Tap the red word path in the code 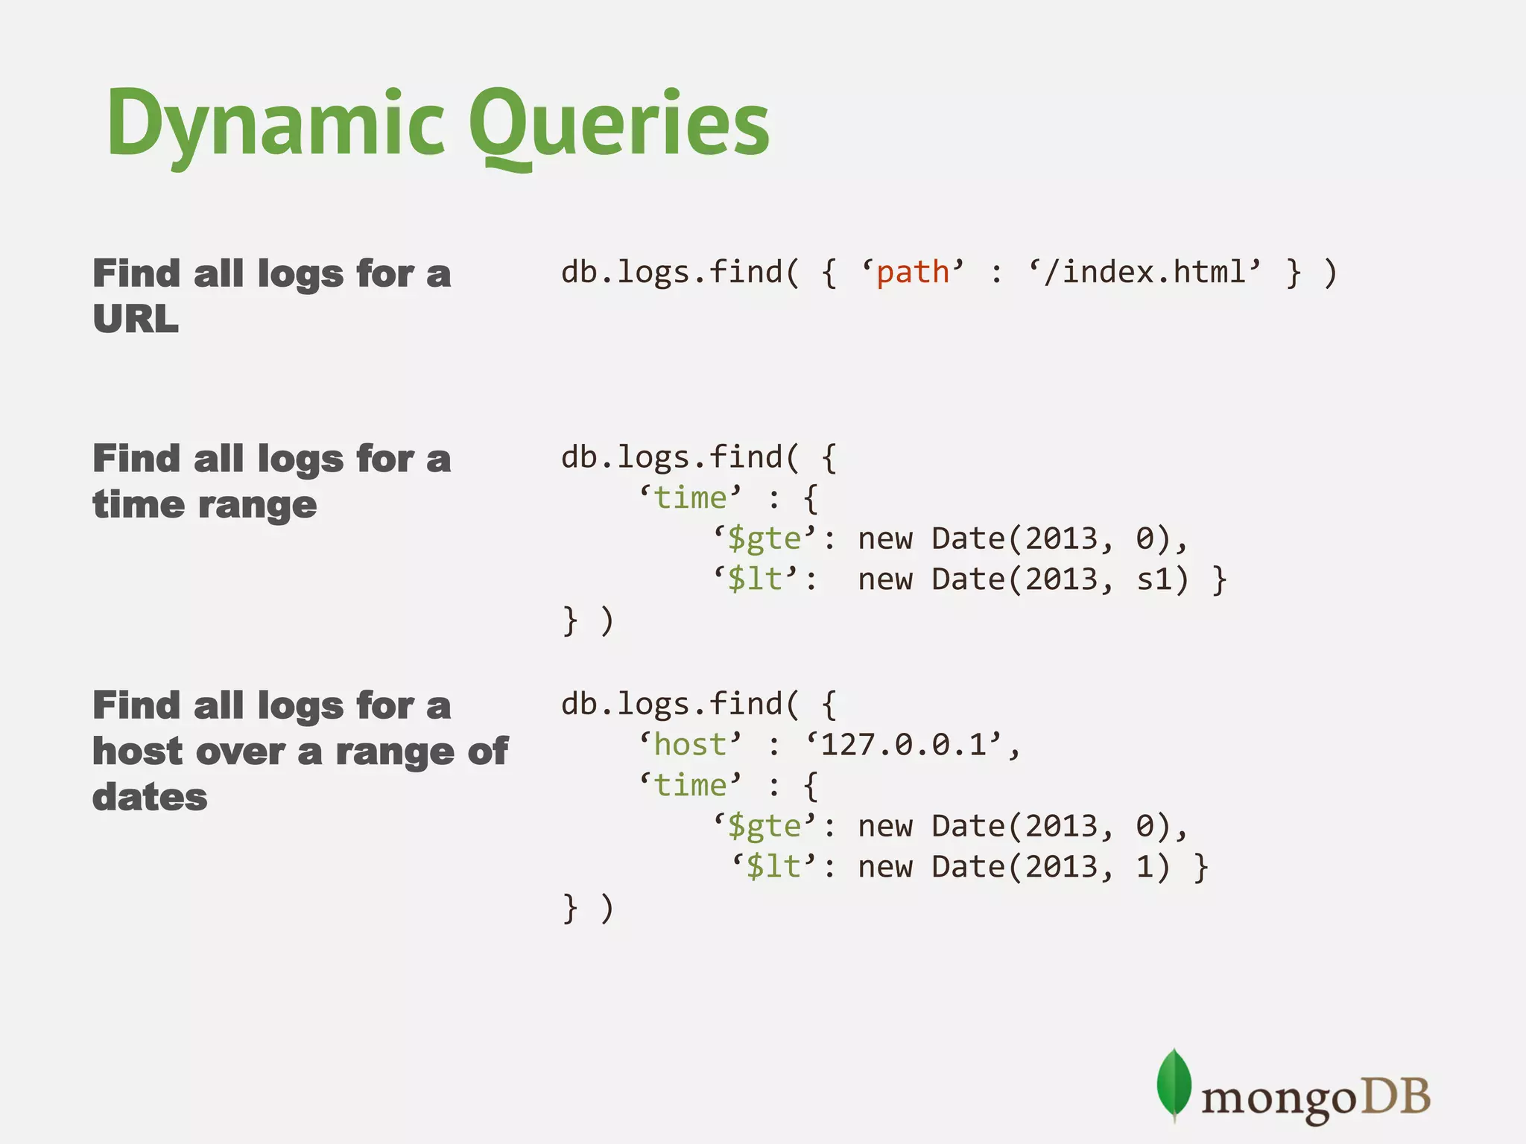(913, 273)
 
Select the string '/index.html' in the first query (1144, 273)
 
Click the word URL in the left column (136, 319)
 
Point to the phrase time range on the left (205, 505)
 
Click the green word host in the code (690, 745)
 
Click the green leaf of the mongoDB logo (1174, 1084)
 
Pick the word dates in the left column (150, 797)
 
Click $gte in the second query (764, 539)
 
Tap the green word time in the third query (690, 786)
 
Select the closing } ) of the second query (588, 621)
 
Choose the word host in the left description (137, 751)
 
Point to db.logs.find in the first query (671, 273)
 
